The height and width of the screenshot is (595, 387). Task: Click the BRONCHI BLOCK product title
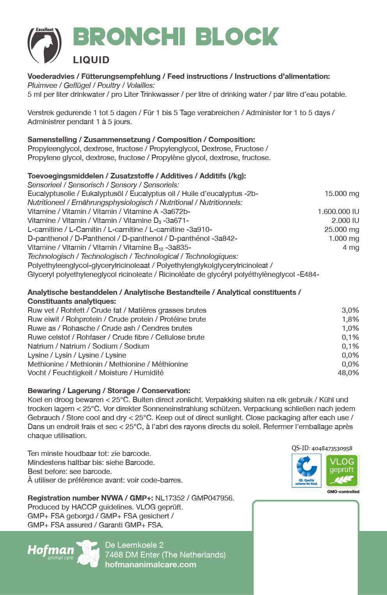176,37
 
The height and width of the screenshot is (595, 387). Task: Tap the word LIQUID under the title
91,60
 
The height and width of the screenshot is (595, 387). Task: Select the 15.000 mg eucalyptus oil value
342,194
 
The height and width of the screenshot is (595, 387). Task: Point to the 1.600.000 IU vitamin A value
338,212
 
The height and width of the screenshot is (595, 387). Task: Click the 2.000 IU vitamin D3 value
345,221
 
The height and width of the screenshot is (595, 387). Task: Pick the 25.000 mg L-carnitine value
342,230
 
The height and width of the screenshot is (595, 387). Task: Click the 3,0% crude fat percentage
350,310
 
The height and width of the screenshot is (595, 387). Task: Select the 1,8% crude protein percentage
350,319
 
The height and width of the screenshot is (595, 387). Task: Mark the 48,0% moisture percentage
348,373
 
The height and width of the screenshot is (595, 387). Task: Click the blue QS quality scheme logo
306,470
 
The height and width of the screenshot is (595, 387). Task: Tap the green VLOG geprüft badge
342,470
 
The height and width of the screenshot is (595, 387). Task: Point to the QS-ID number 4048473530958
332,449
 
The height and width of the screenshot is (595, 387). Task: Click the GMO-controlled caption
343,492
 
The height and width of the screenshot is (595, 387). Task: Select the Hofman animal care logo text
51,551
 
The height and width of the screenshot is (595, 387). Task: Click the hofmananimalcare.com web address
151,565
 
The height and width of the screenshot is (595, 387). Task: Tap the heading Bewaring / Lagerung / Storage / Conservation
109,391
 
